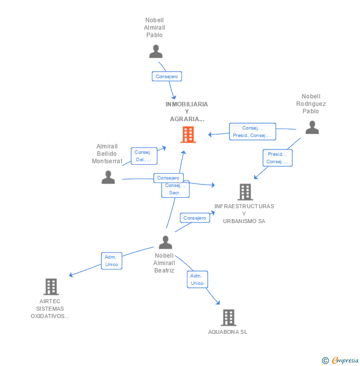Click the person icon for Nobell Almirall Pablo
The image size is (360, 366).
(156, 51)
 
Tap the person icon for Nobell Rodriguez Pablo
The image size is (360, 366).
(312, 128)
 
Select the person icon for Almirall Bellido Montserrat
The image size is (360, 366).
(108, 177)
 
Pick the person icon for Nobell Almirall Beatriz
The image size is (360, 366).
(165, 242)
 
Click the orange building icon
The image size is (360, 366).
(188, 135)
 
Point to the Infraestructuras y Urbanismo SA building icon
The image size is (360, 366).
(245, 192)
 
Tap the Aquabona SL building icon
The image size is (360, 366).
(228, 318)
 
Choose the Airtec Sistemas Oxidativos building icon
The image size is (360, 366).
(51, 286)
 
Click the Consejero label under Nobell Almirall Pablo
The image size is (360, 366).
(167, 76)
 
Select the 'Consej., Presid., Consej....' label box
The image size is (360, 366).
(252, 132)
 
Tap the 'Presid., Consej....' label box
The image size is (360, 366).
(277, 158)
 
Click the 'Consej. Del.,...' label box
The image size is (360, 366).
(144, 156)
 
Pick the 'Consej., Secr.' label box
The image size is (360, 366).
(175, 188)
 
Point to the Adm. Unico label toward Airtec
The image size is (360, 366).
(112, 261)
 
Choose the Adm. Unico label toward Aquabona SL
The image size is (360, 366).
(197, 279)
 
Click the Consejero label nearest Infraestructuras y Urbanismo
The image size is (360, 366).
(194, 218)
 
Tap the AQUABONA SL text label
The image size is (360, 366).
(227, 332)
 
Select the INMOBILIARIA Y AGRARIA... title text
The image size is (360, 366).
(187, 111)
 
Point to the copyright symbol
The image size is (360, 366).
(325, 361)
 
